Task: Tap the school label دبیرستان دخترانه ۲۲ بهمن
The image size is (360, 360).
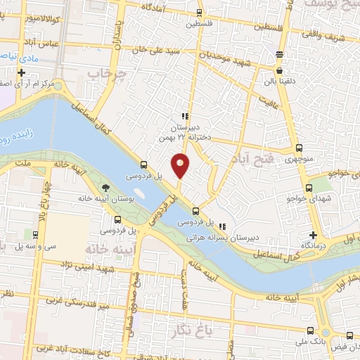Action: [184, 134]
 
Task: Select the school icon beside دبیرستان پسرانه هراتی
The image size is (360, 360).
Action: [222, 226]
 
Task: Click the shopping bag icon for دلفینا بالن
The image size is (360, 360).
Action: [280, 71]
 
